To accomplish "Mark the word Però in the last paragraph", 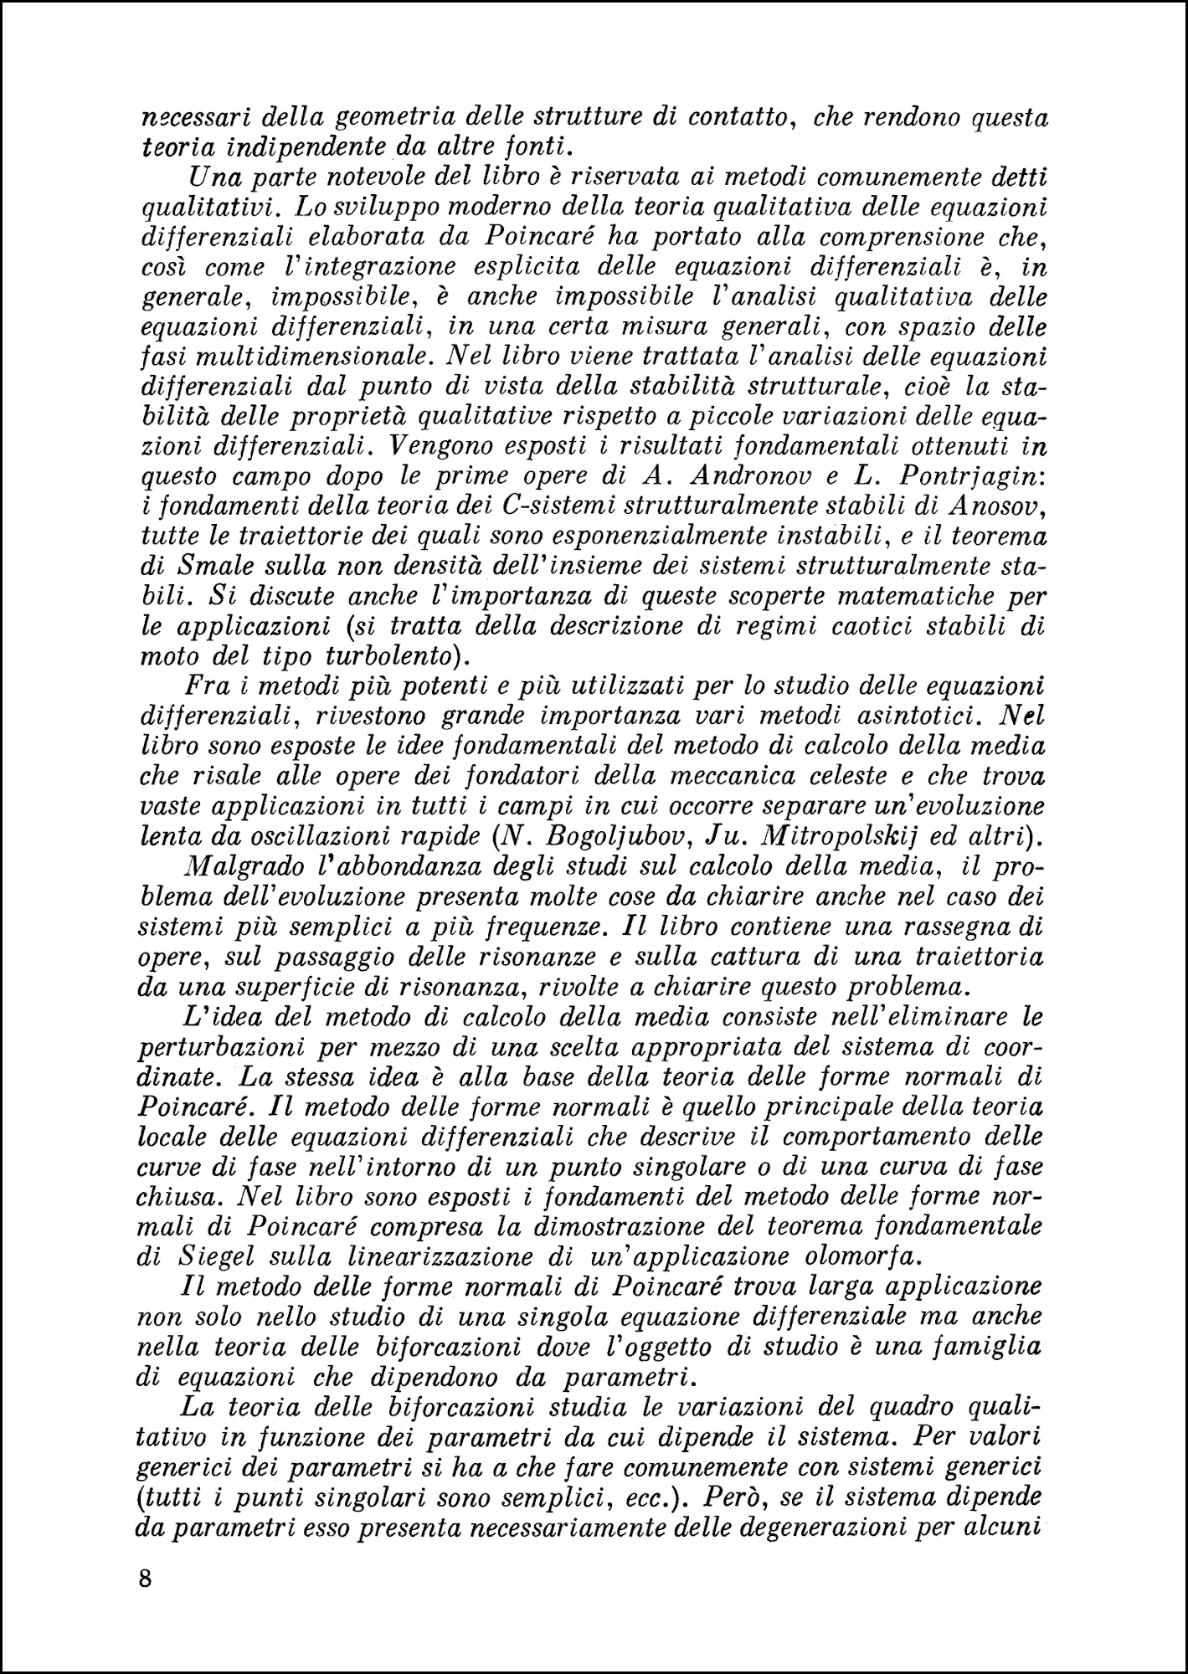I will click(733, 1497).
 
